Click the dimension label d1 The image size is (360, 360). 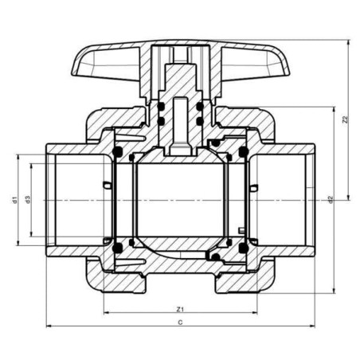15,200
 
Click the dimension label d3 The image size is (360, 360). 28,200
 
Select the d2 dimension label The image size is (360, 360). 331,200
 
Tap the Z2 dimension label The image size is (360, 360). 345,119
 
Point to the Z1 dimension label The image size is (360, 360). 180,309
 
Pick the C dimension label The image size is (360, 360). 180,323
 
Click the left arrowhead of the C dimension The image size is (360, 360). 49,326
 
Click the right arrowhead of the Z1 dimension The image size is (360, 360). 254,312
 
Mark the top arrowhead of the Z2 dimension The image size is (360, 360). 349,42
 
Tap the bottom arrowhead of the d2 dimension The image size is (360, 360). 334,291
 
